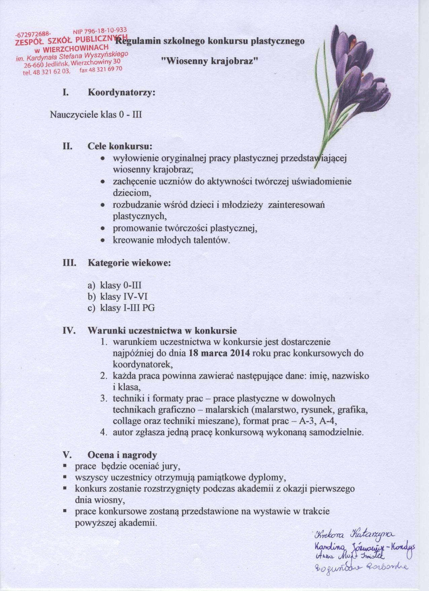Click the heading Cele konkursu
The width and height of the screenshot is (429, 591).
[120, 147]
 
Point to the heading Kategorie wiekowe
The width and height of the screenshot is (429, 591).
[130, 263]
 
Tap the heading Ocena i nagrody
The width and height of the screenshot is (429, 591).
[122, 455]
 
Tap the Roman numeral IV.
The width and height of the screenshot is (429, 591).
[68, 331]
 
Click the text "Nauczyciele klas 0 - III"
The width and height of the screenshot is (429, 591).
[96, 114]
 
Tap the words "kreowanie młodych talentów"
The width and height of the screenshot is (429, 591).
[171, 241]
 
